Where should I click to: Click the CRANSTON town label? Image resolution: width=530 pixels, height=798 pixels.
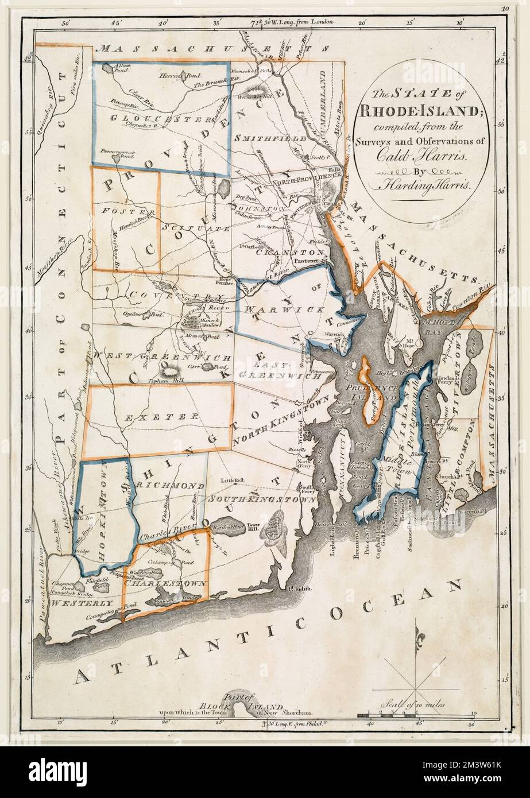pos(283,252)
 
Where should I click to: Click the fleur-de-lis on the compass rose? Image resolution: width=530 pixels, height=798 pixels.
pos(417,635)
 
